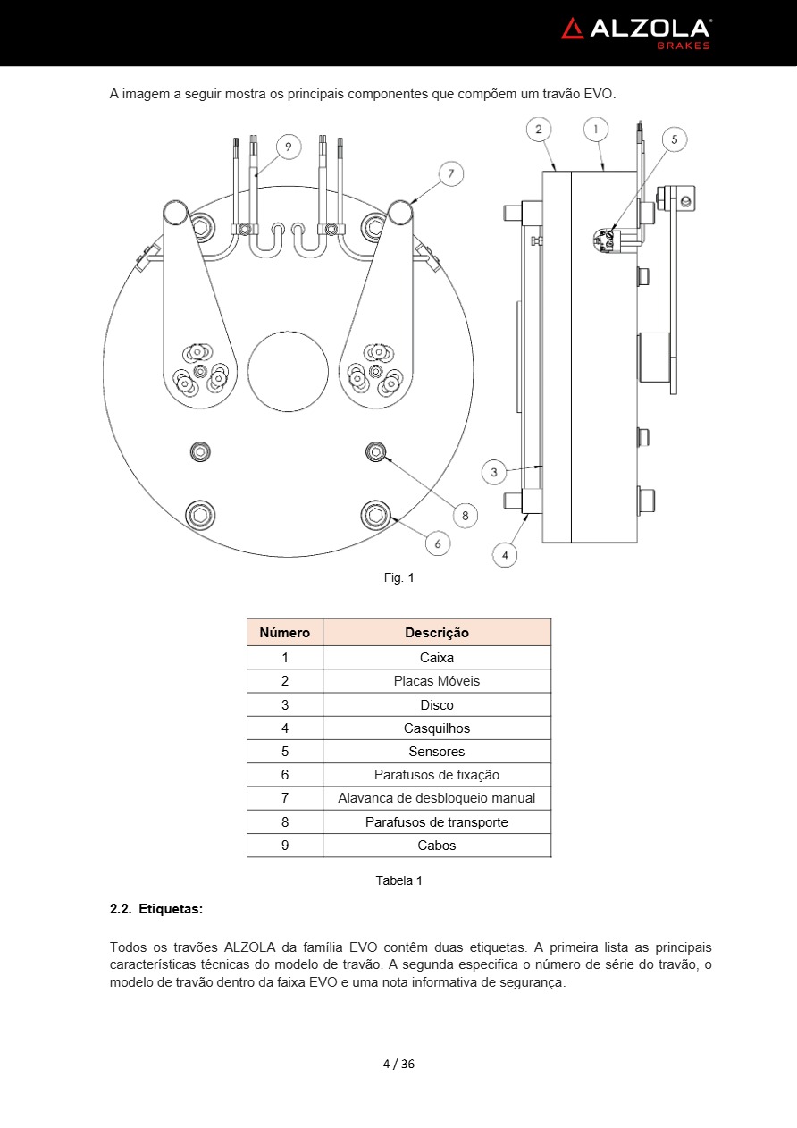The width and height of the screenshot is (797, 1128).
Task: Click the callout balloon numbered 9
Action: pos(289,147)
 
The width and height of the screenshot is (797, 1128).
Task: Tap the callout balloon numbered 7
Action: pos(450,173)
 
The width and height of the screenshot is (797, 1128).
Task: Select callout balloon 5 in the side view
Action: pos(675,139)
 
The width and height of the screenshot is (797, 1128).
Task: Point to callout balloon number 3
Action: pos(494,472)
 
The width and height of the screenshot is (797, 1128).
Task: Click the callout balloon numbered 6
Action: pos(438,543)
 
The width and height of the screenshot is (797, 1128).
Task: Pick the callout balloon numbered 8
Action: pos(466,515)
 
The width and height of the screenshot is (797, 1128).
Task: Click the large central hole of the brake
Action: pos(288,372)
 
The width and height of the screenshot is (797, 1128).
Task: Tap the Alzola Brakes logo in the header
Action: pos(636,34)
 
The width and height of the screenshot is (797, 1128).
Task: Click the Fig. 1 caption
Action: pos(398,577)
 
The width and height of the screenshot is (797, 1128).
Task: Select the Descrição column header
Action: pos(437,633)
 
